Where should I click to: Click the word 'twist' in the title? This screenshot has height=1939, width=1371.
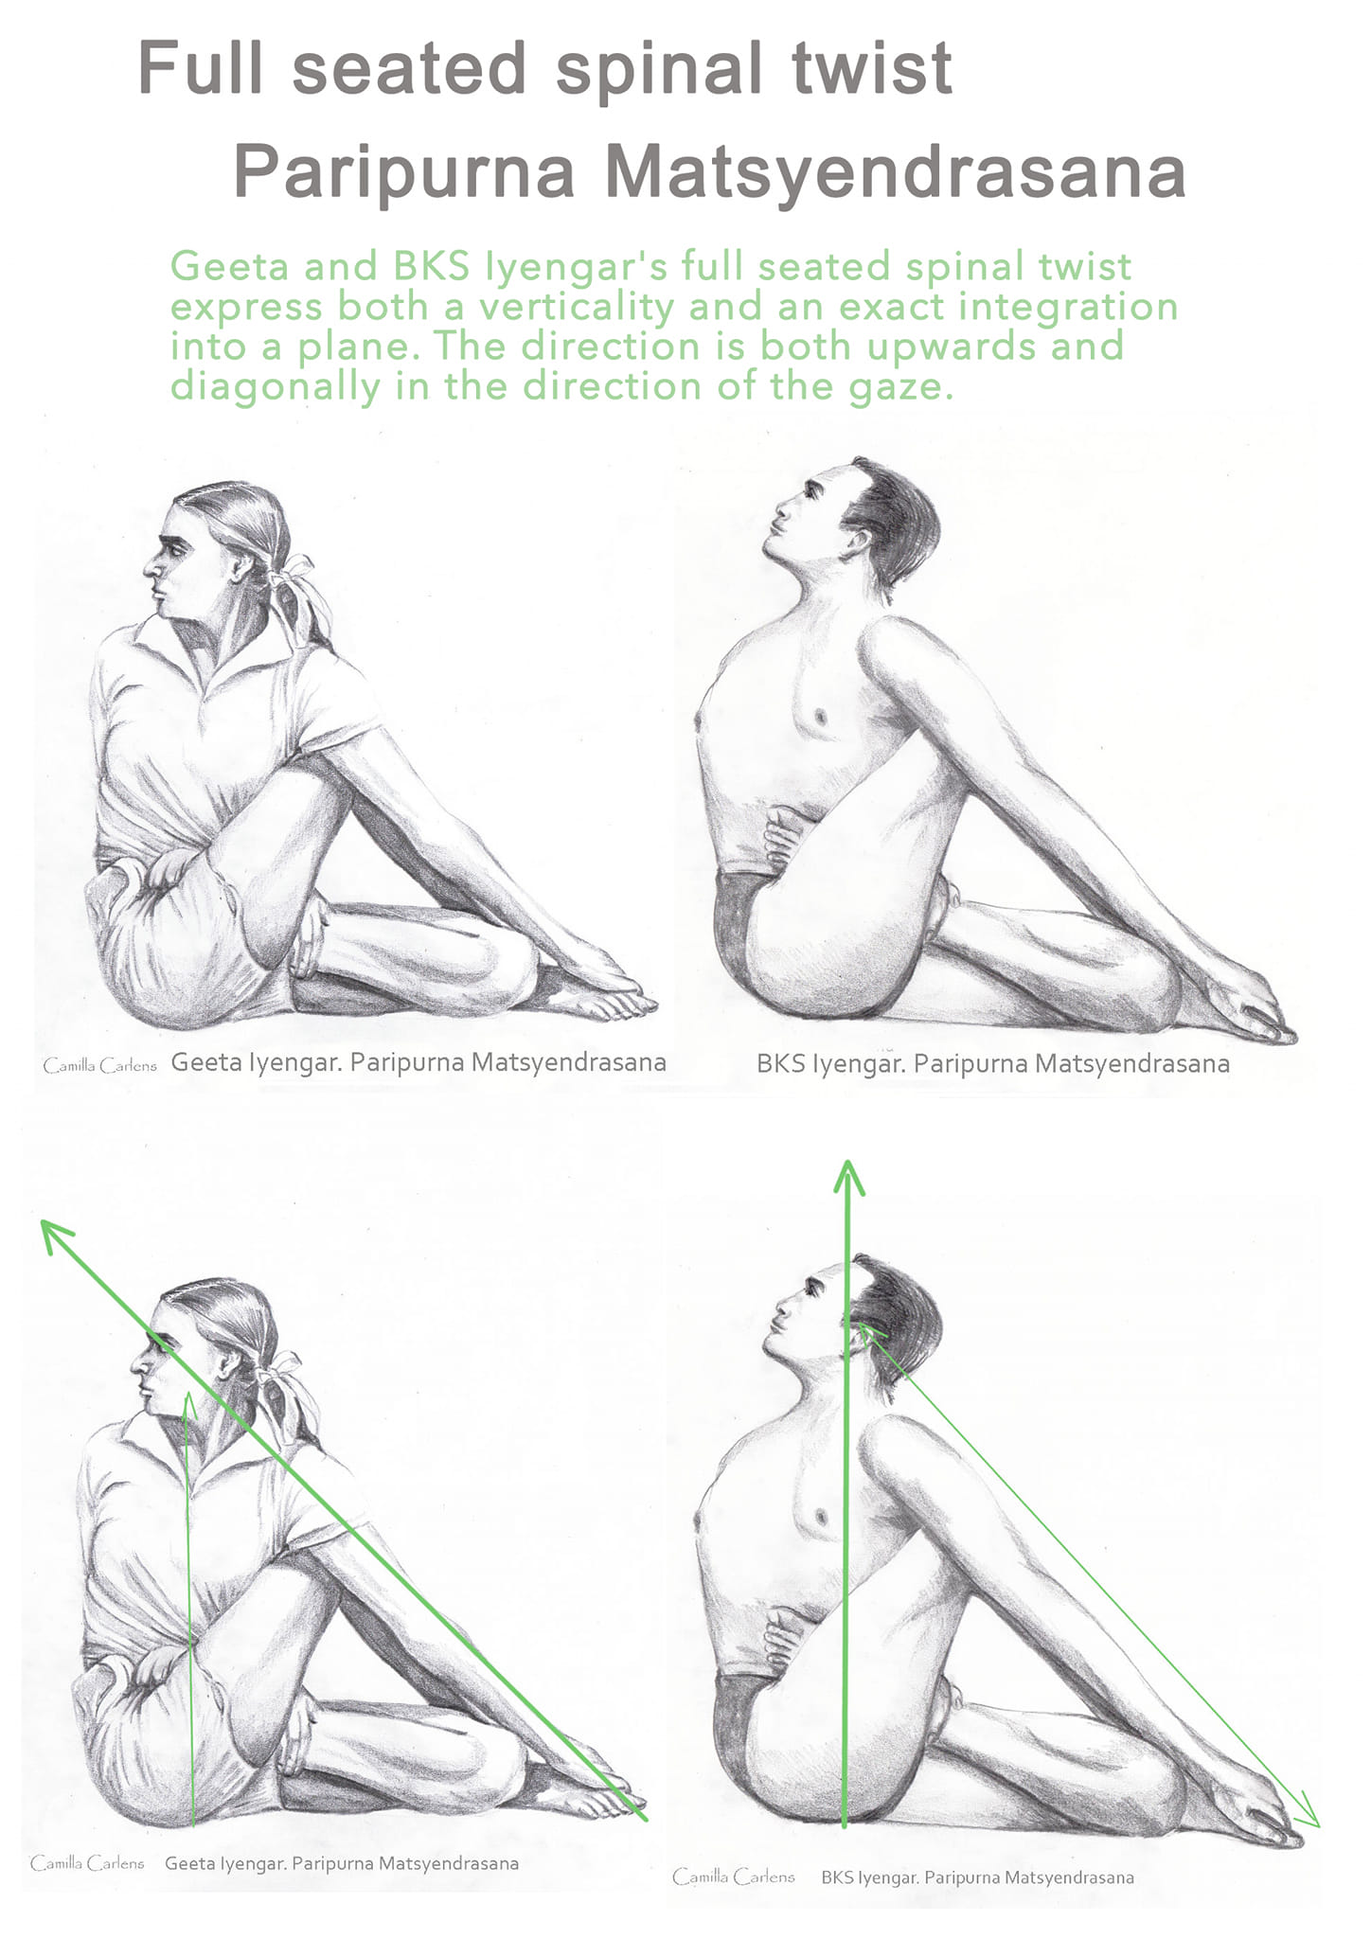click(872, 68)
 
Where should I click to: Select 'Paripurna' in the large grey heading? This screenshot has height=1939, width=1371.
click(404, 173)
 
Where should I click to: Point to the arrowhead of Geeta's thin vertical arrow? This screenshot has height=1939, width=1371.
click(189, 1401)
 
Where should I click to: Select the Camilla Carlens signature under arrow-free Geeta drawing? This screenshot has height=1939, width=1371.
click(99, 1066)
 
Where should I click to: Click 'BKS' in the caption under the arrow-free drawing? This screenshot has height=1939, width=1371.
click(781, 1063)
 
